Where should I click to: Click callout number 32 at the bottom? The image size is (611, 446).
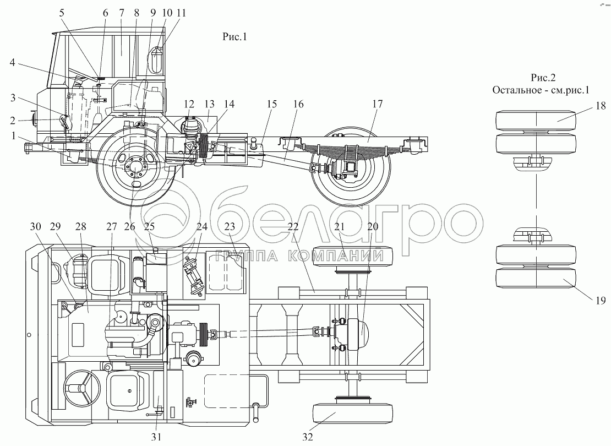(x=308, y=437)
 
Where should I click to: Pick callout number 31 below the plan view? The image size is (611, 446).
(x=156, y=437)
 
